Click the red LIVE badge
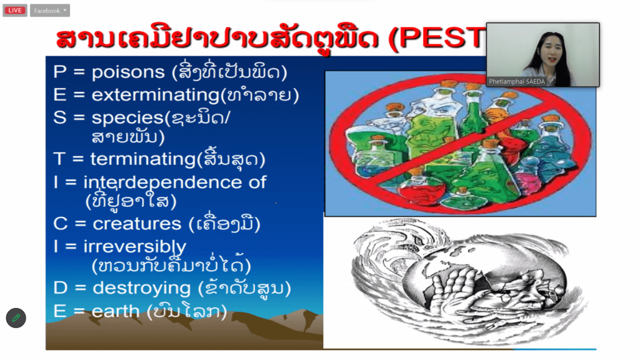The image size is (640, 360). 15,10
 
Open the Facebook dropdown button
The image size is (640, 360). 50,11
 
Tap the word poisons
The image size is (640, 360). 128,72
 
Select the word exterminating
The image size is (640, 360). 156,96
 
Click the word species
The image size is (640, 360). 127,118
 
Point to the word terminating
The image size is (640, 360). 143,159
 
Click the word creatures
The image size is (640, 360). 137,224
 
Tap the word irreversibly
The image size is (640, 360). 135,247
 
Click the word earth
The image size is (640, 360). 116,311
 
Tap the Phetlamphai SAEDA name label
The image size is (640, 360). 517,82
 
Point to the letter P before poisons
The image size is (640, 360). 59,72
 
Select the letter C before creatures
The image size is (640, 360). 61,224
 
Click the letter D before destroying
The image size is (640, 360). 61,287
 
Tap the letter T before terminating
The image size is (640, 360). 59,159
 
